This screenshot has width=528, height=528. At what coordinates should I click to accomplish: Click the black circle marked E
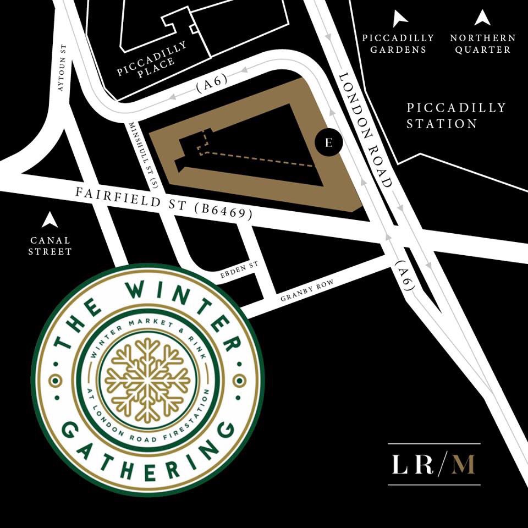click(329, 142)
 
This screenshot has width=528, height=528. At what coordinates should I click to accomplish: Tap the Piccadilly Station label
click(456, 116)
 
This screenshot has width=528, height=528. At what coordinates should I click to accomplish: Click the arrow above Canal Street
click(50, 220)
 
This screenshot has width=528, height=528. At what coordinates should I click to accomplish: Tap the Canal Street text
click(51, 246)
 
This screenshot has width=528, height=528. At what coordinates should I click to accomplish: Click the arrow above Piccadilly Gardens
click(399, 19)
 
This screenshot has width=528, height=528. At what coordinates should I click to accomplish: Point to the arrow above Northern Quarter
click(482, 18)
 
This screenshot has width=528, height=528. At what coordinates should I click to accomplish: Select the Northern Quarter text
click(482, 43)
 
